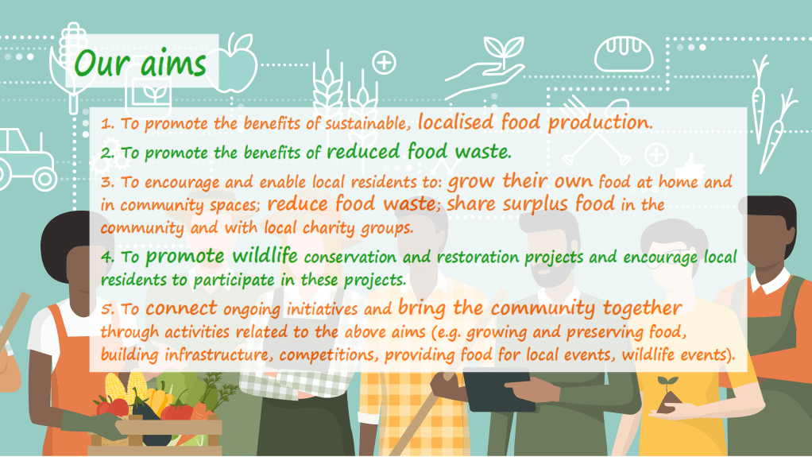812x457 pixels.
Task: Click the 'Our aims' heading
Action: [139, 63]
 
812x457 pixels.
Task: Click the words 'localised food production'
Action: [534, 122]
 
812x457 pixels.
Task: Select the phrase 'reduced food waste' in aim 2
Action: [419, 150]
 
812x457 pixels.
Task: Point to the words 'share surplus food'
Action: [530, 204]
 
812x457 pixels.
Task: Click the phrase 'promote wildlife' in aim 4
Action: [222, 258]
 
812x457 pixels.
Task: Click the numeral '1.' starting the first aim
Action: [108, 125]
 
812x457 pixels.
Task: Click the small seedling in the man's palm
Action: [666, 397]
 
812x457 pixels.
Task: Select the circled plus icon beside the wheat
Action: [384, 63]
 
